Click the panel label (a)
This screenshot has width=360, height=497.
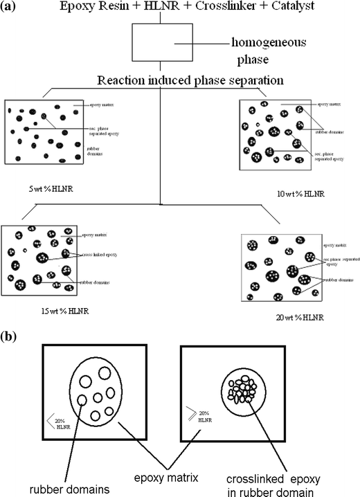tap(12, 10)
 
